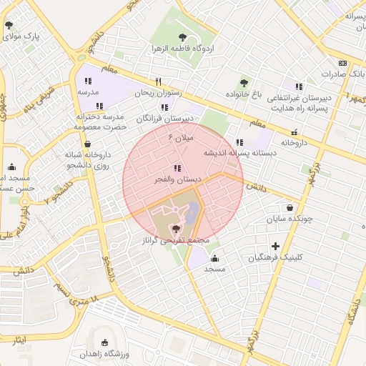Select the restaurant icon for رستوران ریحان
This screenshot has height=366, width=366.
tap(159, 81)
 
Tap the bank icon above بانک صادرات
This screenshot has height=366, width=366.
tap(343, 63)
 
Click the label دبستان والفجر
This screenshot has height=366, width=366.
tap(177, 180)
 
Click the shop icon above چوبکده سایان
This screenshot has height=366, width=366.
tap(290, 207)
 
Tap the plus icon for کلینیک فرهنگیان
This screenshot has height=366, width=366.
tap(275, 246)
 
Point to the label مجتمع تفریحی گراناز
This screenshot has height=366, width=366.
tap(177, 241)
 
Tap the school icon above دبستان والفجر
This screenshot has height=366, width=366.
tap(177, 168)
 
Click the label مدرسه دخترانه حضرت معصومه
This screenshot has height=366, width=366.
tap(99, 122)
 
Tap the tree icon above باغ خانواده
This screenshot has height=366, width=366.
tap(244, 83)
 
